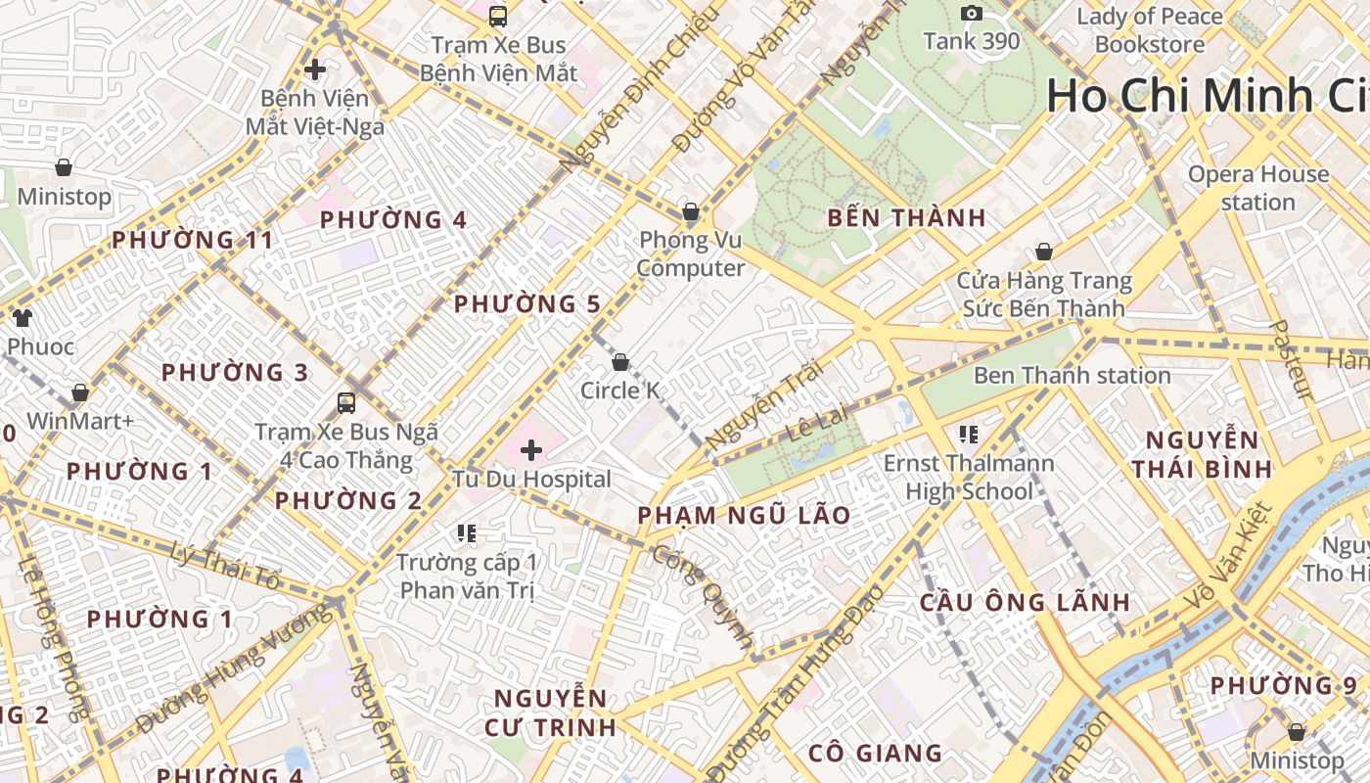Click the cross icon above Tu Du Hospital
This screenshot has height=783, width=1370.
tap(531, 450)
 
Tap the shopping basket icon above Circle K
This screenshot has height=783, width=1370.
tap(620, 363)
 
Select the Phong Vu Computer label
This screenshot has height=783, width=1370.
tap(691, 254)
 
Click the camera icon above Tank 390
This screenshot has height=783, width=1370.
tap(972, 14)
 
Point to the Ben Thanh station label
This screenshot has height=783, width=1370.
tap(1072, 375)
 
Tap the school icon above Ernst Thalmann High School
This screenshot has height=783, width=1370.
tap(969, 434)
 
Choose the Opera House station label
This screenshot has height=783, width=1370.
tap(1258, 188)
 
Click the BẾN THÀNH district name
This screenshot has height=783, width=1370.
tap(906, 218)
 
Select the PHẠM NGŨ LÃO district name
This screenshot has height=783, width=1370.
tap(744, 515)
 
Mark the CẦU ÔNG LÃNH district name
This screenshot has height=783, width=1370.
tap(1025, 602)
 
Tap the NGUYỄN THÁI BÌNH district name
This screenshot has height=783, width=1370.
tap(1202, 454)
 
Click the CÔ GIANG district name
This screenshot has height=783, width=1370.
tap(875, 753)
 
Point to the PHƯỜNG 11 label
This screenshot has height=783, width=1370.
tap(192, 240)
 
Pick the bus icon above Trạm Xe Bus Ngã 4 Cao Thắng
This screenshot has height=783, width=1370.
tap(345, 402)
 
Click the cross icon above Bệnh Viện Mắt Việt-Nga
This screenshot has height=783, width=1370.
tap(315, 69)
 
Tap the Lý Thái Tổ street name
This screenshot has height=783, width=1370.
tap(225, 567)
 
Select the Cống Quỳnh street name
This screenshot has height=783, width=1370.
tap(703, 598)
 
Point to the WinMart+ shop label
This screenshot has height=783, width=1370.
tap(79, 421)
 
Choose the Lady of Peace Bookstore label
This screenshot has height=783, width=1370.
tap(1150, 30)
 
